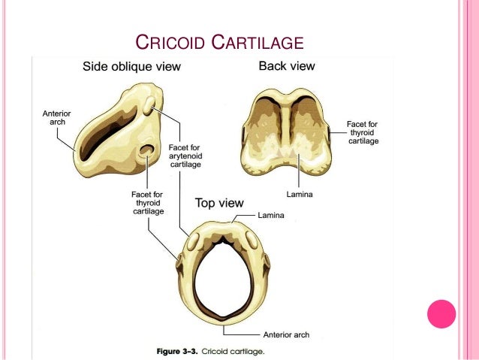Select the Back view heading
coord(286,66)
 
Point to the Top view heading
coord(219,203)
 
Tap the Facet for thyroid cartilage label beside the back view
coord(362,132)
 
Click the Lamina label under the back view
coord(300,194)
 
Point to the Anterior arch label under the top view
coord(286,334)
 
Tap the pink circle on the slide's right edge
coord(441,313)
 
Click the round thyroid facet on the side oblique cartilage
coord(144,153)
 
